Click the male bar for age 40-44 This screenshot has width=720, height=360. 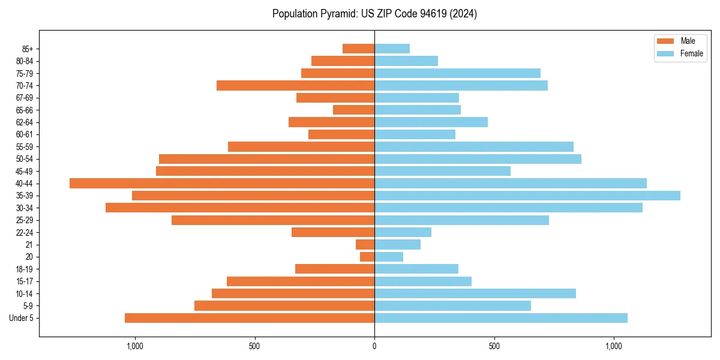pos(222,183)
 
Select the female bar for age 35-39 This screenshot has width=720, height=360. pos(527,196)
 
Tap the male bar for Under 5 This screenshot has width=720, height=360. pos(250,318)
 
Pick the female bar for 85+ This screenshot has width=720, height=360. pos(392,49)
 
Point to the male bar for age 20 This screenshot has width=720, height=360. pos(367,257)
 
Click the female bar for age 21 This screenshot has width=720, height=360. pos(397,245)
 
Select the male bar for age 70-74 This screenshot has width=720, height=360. pos(295,85)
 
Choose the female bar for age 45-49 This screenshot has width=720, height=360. pos(442,171)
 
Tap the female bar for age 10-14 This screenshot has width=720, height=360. pos(475,293)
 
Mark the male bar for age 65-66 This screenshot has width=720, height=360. pos(353,110)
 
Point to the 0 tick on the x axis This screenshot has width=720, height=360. pos(374,346)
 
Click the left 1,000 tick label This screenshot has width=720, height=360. pos(134,346)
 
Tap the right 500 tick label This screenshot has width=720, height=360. pos(494,346)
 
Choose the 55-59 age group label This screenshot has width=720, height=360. pos(25,146)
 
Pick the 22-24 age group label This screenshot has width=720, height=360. pos(25,232)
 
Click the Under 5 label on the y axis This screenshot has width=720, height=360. pos(22,318)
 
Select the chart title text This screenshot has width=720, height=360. pos(374,14)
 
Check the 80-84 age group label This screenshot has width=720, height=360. pos(25,61)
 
